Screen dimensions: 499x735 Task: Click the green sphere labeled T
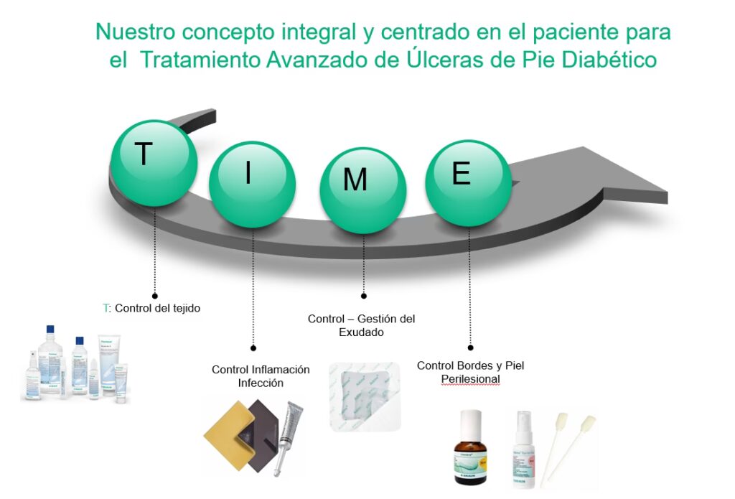[152, 163]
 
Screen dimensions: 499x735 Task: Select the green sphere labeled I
[252, 184]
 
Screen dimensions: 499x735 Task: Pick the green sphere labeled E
[468, 182]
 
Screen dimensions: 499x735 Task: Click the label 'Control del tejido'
[157, 308]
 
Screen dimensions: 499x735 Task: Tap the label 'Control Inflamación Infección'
[261, 376]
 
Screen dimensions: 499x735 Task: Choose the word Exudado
[361, 332]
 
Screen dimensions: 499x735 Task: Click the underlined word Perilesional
[470, 379]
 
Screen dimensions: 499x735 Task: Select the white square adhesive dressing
[365, 396]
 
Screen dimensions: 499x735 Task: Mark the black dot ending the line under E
[470, 347]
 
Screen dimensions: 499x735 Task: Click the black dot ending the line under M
[363, 295]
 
